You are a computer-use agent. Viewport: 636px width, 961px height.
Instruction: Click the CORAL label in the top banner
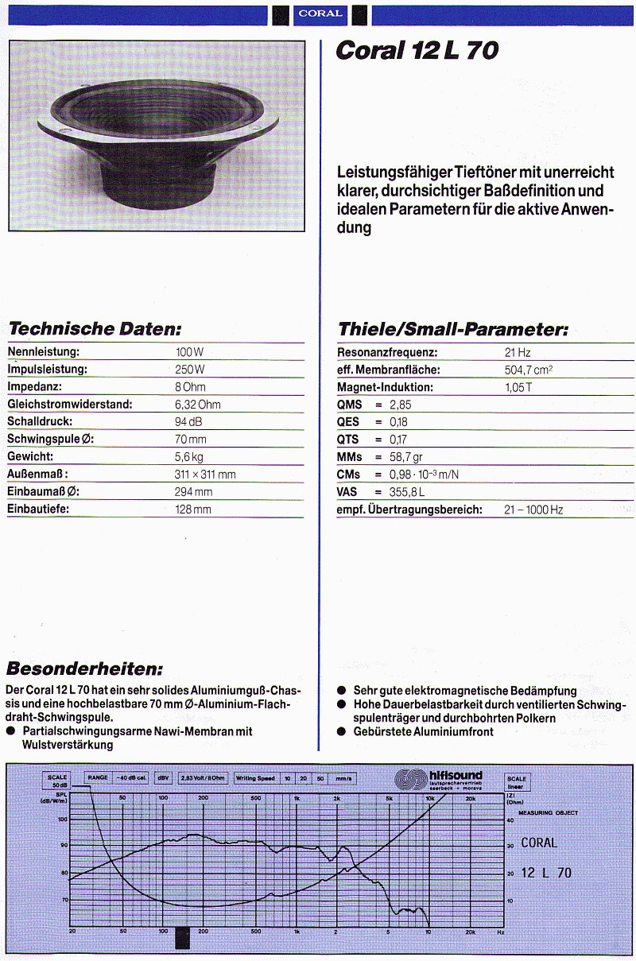320,13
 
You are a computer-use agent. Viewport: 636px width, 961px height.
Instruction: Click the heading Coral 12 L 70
417,52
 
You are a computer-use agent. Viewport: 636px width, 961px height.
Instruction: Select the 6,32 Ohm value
198,405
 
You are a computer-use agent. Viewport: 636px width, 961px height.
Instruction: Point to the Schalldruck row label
40,422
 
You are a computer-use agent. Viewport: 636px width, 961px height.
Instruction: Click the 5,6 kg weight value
189,457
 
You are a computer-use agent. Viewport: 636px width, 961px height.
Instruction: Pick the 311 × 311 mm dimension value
205,475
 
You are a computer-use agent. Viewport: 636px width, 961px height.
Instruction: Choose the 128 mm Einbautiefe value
193,510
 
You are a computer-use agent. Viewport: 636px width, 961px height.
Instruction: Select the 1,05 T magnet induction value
519,387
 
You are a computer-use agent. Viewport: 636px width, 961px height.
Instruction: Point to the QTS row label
348,440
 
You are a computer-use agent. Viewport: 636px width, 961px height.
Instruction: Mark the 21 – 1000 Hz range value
533,510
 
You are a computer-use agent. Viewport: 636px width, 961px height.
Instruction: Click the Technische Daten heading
95,329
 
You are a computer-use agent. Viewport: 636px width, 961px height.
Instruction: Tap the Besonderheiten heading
84,668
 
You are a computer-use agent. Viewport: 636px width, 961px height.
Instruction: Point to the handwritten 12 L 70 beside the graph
546,873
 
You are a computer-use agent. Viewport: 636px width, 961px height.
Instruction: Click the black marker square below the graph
183,939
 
